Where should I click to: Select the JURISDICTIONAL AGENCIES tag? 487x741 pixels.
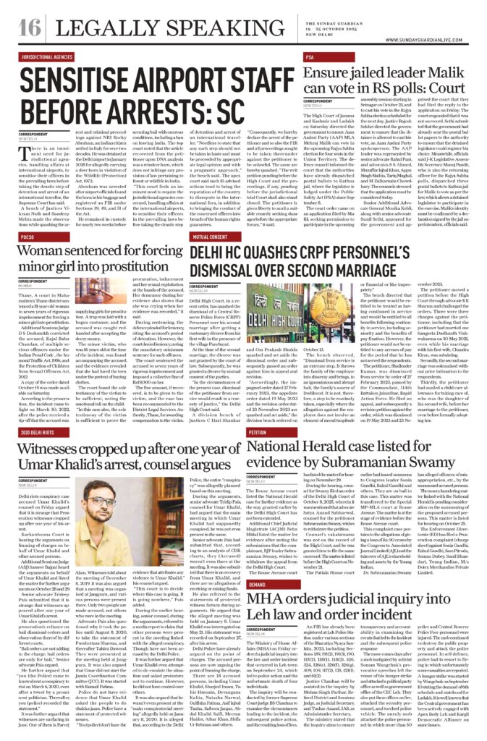[x=53, y=55]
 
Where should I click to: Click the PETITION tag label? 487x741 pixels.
[x=258, y=431]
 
